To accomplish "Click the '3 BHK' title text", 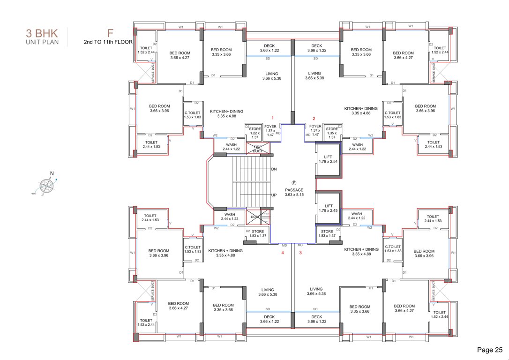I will pyautogui.click(x=42, y=34).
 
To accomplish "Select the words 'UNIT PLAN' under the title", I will pyautogui.click(x=42, y=43).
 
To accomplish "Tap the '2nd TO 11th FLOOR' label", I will pyautogui.click(x=108, y=42).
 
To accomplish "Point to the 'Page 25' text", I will pyautogui.click(x=489, y=349).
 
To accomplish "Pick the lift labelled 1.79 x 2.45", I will pyautogui.click(x=328, y=208).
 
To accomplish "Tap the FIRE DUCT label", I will pyautogui.click(x=258, y=149).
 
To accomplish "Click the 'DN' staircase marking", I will pyautogui.click(x=274, y=169).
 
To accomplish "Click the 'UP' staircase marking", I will pyautogui.click(x=274, y=195).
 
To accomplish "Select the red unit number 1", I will pyautogui.click(x=272, y=118).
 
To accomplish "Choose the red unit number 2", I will pyautogui.click(x=314, y=118).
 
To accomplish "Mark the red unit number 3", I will pyautogui.click(x=301, y=253).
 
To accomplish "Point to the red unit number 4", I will pyautogui.click(x=282, y=253).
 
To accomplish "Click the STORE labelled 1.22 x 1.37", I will pyautogui.click(x=255, y=133).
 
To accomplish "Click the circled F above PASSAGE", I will pyautogui.click(x=294, y=183).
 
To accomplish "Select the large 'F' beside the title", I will pyautogui.click(x=110, y=33).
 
